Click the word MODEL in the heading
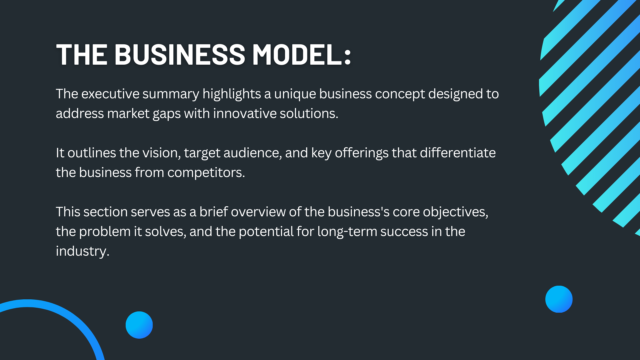tap(297, 54)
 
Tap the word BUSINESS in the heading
tap(180, 54)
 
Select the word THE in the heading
tap(82, 54)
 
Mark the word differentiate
tap(457, 153)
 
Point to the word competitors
tap(206, 173)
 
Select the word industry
tap(82, 251)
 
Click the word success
tap(404, 232)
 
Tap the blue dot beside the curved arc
tap(139, 325)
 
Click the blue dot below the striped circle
tap(559, 299)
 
